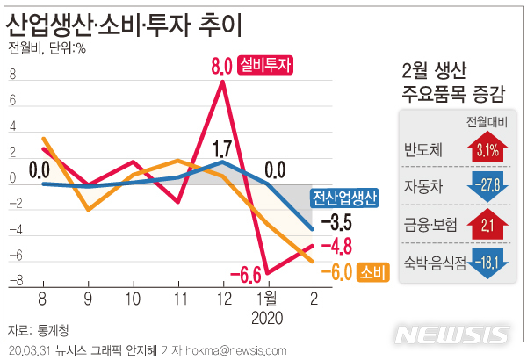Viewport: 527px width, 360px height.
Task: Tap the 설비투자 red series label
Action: [264, 65]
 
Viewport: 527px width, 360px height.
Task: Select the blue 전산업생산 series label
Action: [344, 198]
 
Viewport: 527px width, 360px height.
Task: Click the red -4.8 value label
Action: [336, 246]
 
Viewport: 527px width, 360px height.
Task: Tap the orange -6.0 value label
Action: [336, 273]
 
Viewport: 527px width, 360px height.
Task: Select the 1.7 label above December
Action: [223, 148]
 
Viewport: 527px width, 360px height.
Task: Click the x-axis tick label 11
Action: [178, 299]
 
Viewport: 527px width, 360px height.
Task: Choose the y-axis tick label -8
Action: [11, 282]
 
